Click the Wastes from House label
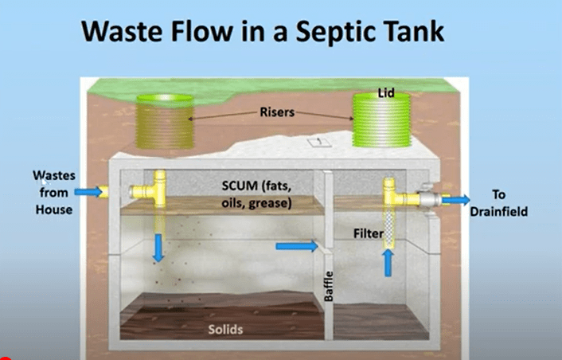pos(52,191)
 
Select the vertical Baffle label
pos(328,286)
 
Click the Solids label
pos(226,328)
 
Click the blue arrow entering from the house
pos(90,191)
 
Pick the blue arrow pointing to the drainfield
pos(455,201)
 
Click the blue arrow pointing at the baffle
pos(294,247)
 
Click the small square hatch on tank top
pos(315,141)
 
